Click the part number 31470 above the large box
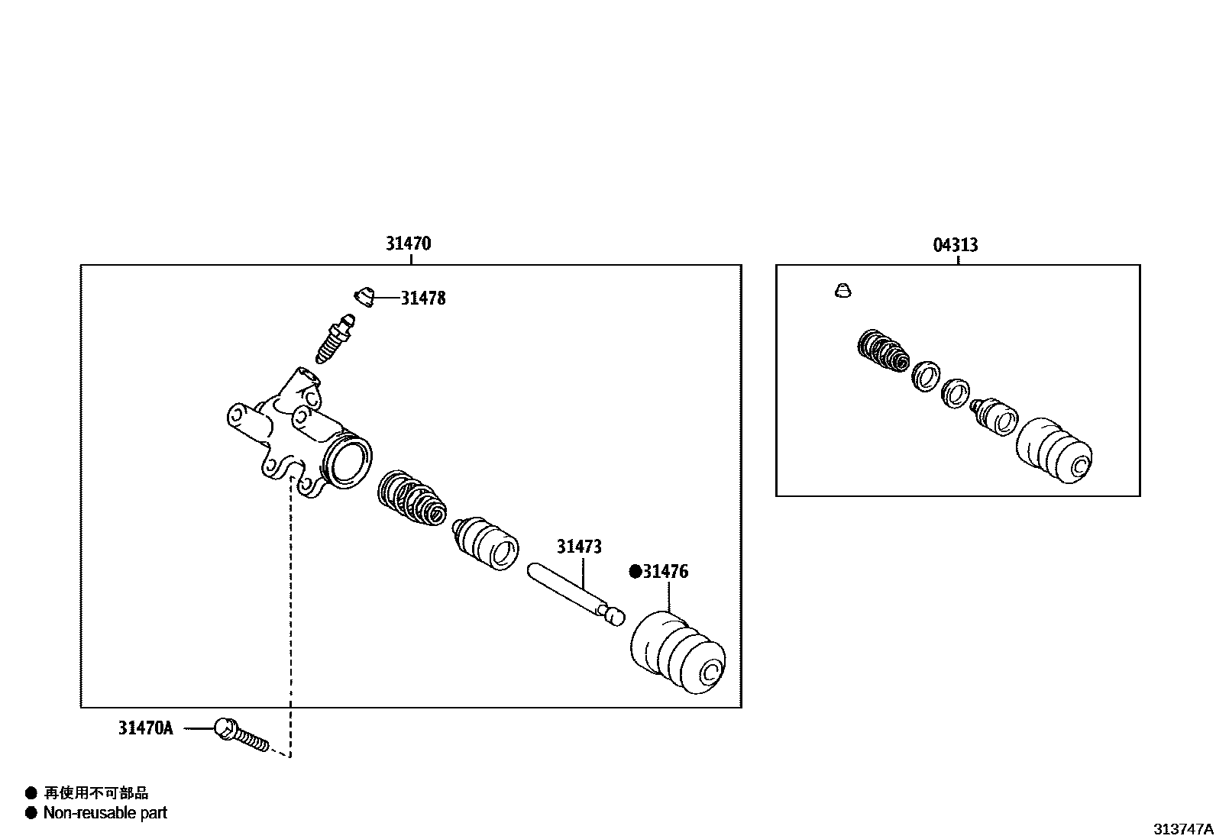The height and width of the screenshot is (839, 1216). pos(408,244)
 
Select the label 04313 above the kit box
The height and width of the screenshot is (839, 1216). pos(955,245)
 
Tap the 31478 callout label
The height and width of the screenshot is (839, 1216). pos(423,298)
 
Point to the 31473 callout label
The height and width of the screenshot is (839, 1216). pos(579,547)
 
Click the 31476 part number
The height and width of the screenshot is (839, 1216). pos(665,572)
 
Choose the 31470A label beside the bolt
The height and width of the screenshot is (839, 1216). pos(145,728)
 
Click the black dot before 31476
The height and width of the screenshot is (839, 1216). pos(635,572)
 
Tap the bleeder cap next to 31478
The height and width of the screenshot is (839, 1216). pos(364,296)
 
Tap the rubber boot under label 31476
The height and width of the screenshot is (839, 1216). pos(678,653)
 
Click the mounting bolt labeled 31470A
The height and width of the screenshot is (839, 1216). pos(241,735)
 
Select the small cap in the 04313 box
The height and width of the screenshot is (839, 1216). pos(842,291)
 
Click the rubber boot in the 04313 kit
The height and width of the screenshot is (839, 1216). pos(1054,450)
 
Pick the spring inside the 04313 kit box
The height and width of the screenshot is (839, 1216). pos(883,351)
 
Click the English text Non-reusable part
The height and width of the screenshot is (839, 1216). pos(105,813)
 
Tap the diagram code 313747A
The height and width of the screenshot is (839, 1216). pos(1183,828)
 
